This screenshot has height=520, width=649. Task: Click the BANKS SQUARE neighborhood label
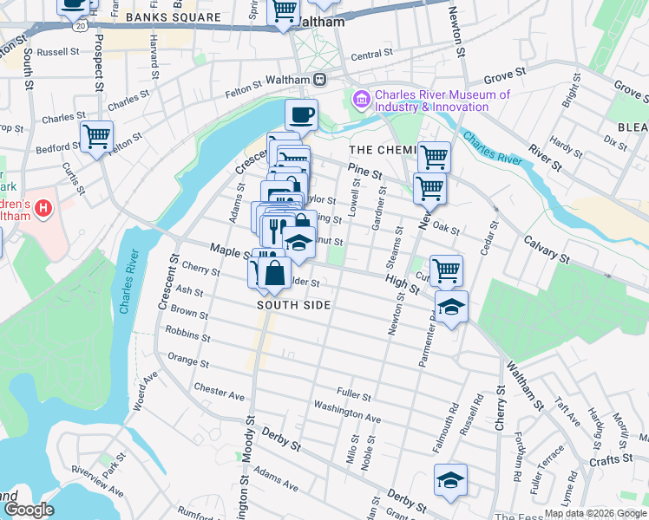[173, 17]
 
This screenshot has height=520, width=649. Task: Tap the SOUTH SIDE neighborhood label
[295, 305]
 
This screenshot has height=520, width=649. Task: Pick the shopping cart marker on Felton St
[96, 135]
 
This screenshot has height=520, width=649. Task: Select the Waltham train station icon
[320, 80]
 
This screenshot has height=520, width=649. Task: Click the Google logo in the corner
[29, 509]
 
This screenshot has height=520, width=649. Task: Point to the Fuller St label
[354, 397]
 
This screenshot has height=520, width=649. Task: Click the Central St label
[371, 55]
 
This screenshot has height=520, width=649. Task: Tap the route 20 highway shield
[81, 27]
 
